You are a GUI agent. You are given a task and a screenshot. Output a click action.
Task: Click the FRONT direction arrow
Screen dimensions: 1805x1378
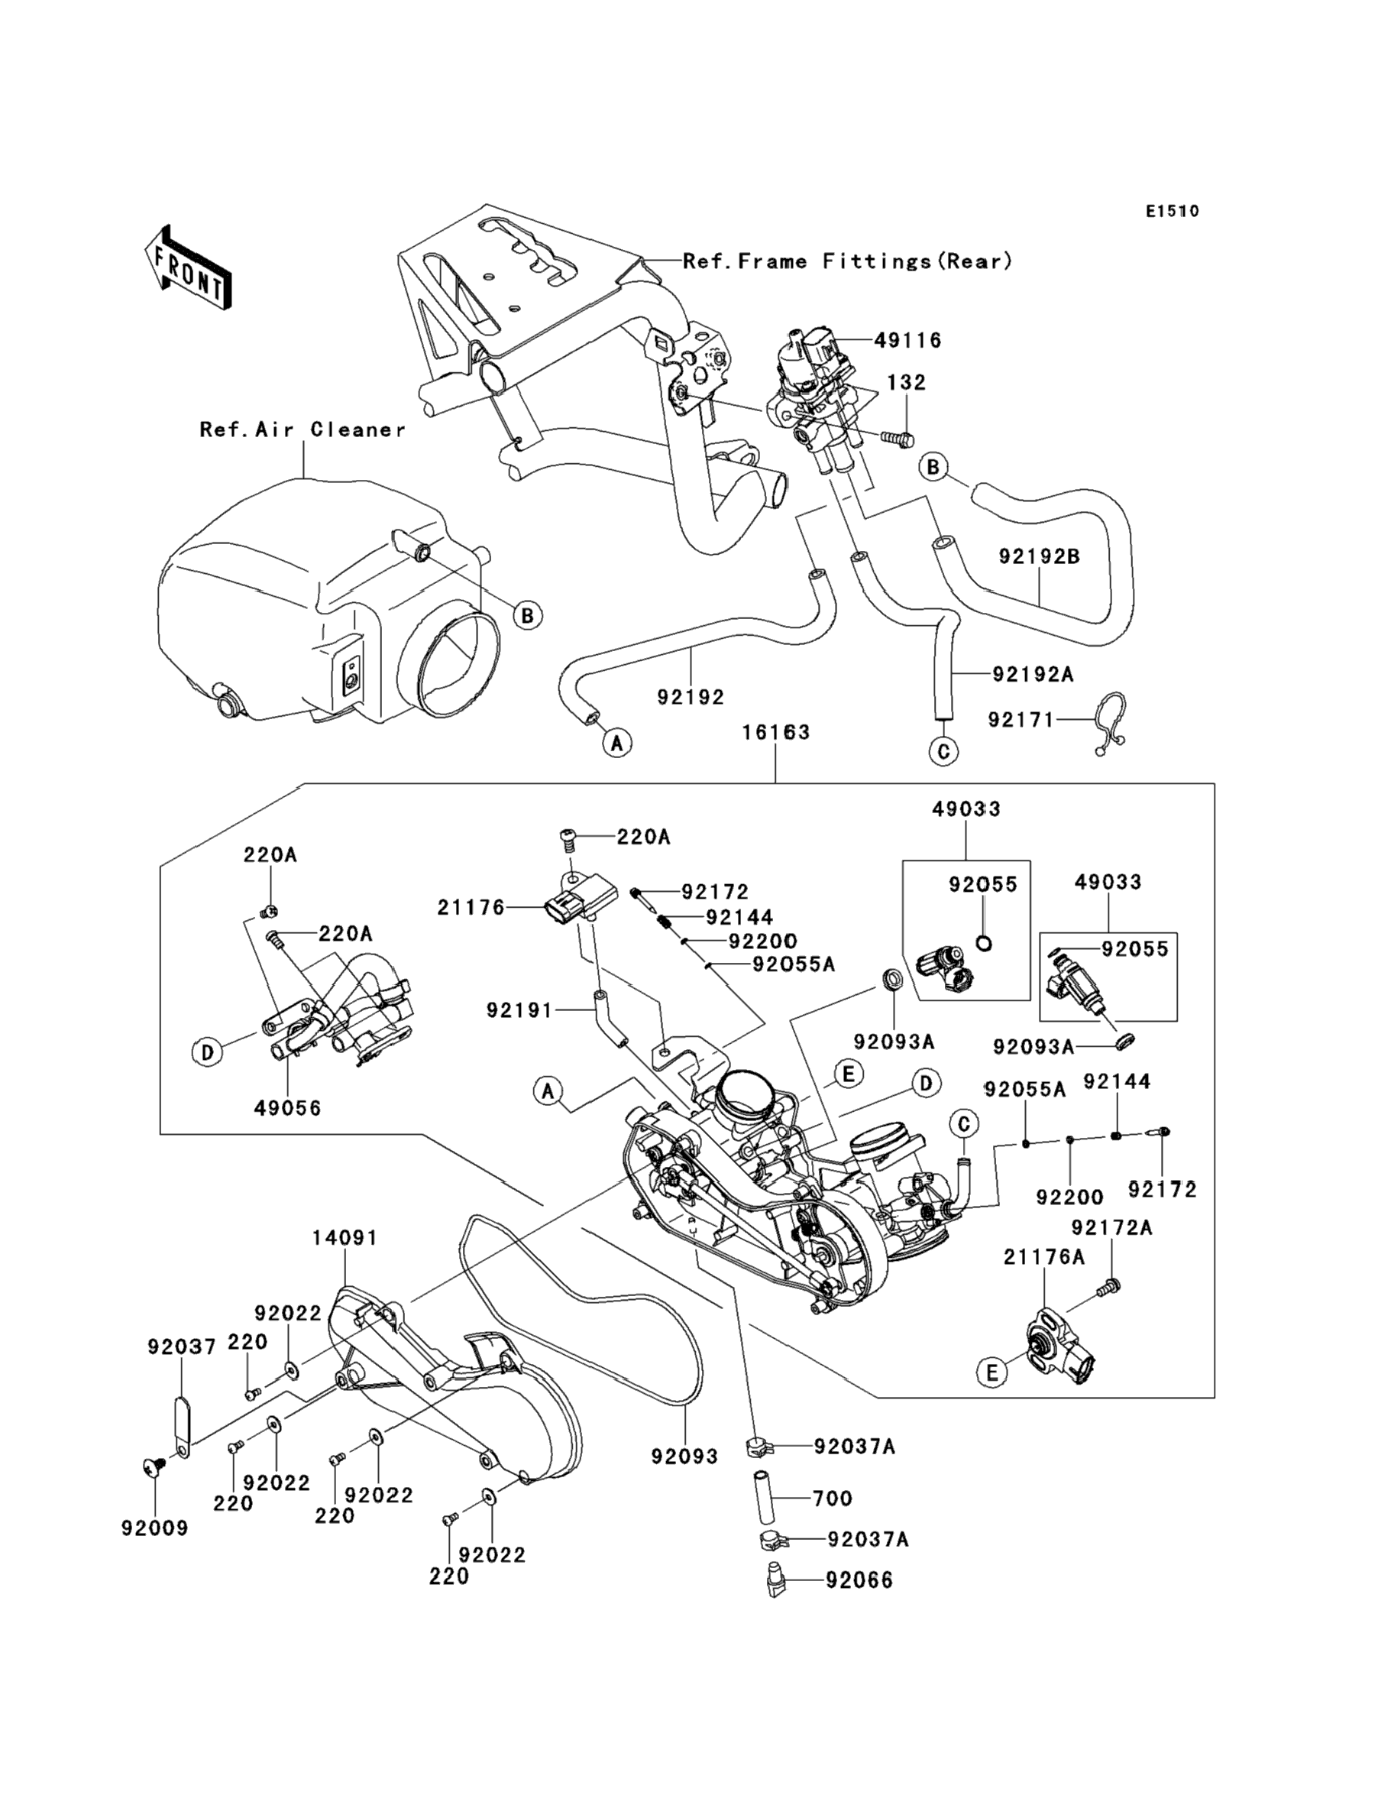tap(187, 269)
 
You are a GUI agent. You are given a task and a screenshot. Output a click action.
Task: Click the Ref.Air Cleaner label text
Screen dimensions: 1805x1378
tap(302, 430)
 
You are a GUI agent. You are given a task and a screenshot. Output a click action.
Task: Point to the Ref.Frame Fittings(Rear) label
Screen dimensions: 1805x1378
tap(847, 261)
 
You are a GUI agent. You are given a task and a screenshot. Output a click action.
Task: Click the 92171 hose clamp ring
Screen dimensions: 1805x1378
tap(1111, 722)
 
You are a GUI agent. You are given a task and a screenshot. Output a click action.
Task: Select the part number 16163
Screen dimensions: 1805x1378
tap(775, 732)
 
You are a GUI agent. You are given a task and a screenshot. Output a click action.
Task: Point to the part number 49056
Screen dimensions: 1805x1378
tap(287, 1107)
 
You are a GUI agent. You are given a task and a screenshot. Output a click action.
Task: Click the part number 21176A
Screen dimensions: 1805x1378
tap(1043, 1256)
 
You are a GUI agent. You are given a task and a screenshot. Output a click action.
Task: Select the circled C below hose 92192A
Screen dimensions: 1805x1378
tap(943, 750)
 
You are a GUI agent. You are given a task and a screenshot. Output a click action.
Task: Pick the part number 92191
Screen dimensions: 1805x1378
tap(519, 1010)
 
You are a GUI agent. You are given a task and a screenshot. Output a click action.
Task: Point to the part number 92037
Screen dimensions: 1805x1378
tap(181, 1346)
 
